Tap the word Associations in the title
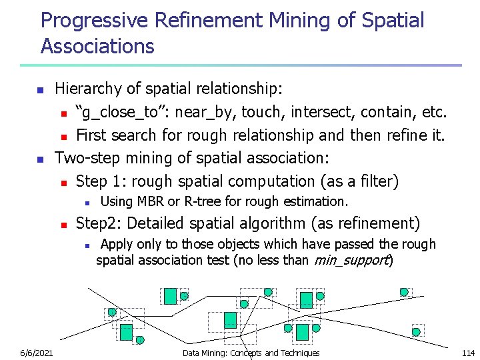coord(97,46)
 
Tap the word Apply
coord(116,245)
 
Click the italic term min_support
coord(351,260)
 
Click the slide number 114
coord(468,353)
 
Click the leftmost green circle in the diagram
coord(112,312)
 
